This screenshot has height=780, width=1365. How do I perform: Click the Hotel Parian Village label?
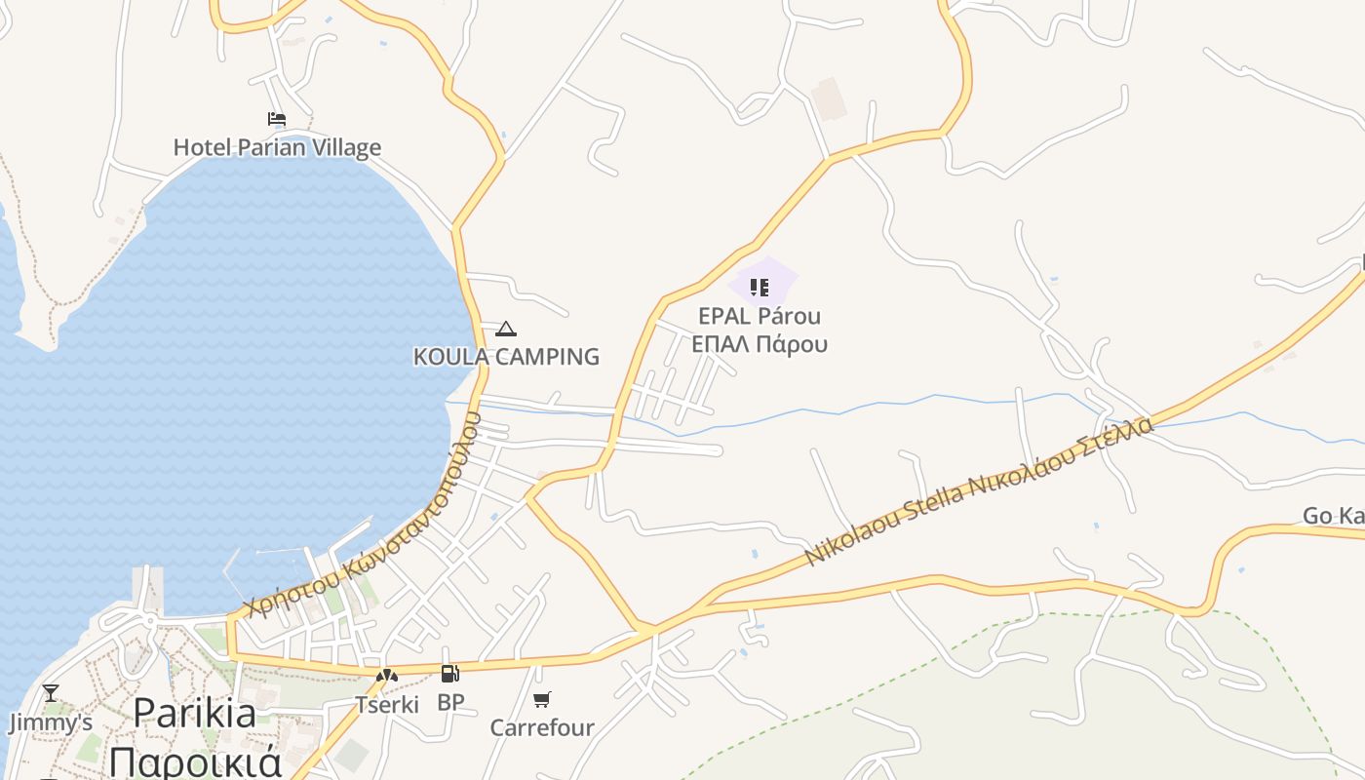pyautogui.click(x=277, y=147)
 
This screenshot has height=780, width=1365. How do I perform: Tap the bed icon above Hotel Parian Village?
pyautogui.click(x=277, y=119)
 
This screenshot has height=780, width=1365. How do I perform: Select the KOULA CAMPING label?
pyautogui.click(x=506, y=357)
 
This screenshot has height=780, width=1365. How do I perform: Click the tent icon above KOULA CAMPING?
pyautogui.click(x=505, y=330)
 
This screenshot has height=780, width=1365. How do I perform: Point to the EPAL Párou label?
pyautogui.click(x=760, y=316)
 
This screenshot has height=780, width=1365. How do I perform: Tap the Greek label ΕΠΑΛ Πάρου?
pyautogui.click(x=760, y=344)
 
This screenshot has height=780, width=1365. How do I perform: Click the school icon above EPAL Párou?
pyautogui.click(x=759, y=288)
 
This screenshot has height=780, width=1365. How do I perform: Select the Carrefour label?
pyautogui.click(x=541, y=727)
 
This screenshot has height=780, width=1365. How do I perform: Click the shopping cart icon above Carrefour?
pyautogui.click(x=542, y=699)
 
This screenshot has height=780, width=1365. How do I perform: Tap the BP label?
pyautogui.click(x=450, y=702)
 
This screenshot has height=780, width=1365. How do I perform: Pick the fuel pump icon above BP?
pyautogui.click(x=449, y=674)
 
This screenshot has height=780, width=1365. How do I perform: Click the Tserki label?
pyautogui.click(x=387, y=704)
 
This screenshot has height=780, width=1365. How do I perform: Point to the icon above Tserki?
pyautogui.click(x=387, y=676)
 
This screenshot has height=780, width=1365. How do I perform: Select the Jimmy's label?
pyautogui.click(x=51, y=722)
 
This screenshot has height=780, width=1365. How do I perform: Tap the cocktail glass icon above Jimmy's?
pyautogui.click(x=51, y=693)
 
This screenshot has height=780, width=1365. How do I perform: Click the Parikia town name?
pyautogui.click(x=195, y=713)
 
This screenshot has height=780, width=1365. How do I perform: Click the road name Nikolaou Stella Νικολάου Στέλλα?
pyautogui.click(x=979, y=491)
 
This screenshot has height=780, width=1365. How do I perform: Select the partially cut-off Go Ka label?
pyautogui.click(x=1334, y=516)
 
